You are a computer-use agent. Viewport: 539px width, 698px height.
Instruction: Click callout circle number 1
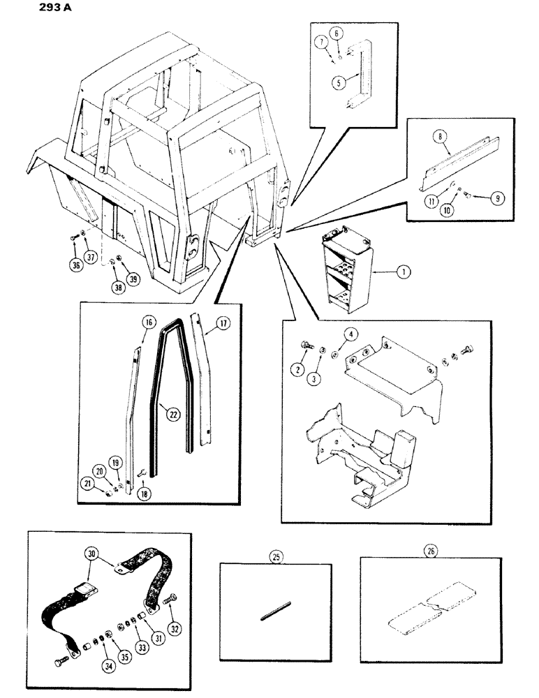click(x=402, y=274)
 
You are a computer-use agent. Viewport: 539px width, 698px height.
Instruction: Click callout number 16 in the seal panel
click(x=147, y=322)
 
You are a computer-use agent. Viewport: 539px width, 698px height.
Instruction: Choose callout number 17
click(x=221, y=323)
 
